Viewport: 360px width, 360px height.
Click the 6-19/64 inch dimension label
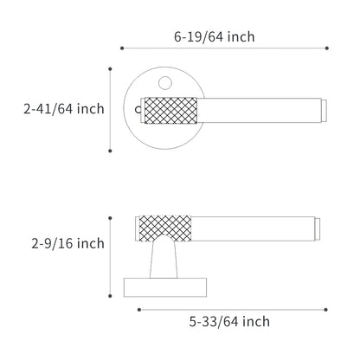pyautogui.click(x=215, y=37)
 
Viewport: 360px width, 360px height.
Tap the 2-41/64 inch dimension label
pyautogui.click(x=64, y=109)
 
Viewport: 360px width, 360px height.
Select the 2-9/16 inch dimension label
pyautogui.click(x=67, y=243)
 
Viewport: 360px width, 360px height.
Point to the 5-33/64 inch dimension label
pyautogui.click(x=229, y=321)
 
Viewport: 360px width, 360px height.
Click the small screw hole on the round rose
pyautogui.click(x=165, y=83)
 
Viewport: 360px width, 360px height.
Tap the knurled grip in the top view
pyautogui.click(x=170, y=111)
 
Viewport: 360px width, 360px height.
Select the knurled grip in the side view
pyautogui.click(x=165, y=228)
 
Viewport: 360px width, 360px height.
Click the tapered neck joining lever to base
pyautogui.click(x=164, y=258)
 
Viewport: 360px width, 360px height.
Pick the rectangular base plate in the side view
pyautogui.click(x=165, y=287)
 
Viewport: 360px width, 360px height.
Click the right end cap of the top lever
pyautogui.click(x=324, y=111)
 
